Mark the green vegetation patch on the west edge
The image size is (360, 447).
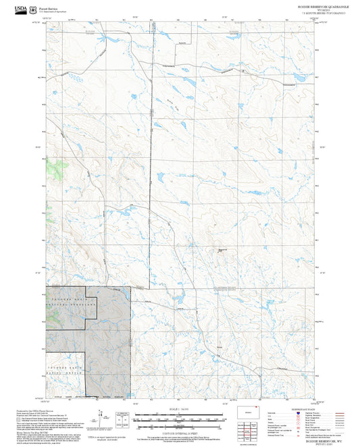[x=51, y=166]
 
